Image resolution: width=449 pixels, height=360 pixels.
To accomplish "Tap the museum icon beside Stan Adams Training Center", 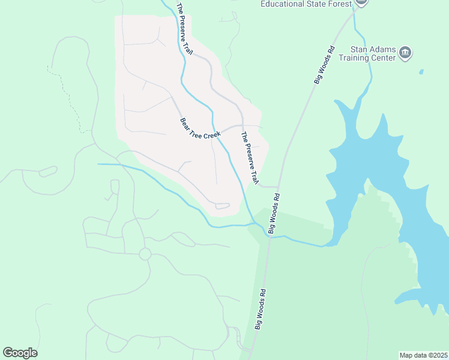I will click(x=405, y=53).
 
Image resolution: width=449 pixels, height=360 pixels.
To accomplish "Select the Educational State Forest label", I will click(x=306, y=4).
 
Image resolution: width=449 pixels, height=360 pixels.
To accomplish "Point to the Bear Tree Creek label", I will click(x=200, y=128).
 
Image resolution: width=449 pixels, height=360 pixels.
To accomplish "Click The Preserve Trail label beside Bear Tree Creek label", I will click(x=250, y=157).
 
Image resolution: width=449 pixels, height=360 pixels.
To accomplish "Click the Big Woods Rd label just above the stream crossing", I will click(x=274, y=213).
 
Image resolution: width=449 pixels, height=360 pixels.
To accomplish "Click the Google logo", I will click(x=20, y=353).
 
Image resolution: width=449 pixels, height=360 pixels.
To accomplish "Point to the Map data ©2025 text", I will click(x=423, y=355).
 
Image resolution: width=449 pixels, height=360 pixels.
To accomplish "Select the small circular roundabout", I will click(x=145, y=254).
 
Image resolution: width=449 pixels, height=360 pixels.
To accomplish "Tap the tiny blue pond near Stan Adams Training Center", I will click(x=421, y=72).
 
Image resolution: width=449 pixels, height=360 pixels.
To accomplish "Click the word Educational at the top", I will click(x=285, y=4).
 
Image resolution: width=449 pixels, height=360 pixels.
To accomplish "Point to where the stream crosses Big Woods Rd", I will click(x=269, y=236).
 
